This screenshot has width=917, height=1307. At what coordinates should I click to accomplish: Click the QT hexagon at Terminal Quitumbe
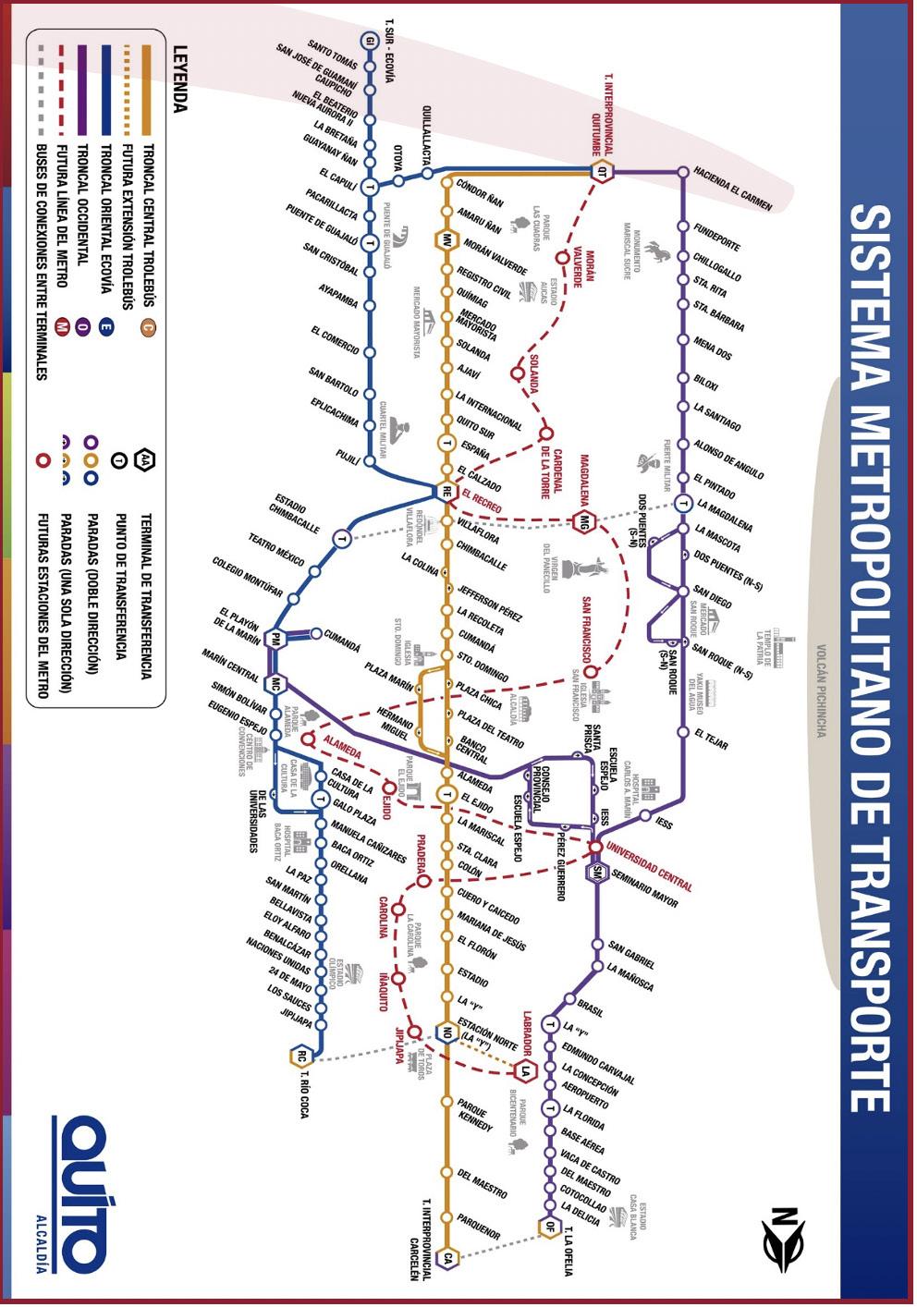pos(602,172)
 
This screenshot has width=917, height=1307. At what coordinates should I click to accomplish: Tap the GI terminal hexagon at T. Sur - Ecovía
pos(369,41)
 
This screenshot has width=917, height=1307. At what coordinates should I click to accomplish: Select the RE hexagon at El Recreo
pos(446,491)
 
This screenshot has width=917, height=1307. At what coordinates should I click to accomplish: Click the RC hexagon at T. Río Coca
pos(301,1056)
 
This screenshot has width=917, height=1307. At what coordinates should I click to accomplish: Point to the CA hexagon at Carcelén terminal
pos(447,1258)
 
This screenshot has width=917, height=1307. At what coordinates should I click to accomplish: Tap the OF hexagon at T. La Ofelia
pos(549,1227)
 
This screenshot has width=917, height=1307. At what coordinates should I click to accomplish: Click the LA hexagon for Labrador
pos(525,1071)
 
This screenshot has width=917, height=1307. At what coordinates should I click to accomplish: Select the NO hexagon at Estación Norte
pos(446,1032)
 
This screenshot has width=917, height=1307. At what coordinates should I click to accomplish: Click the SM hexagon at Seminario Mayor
pos(598,871)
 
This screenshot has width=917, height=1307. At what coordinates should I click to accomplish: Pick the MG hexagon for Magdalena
pos(584,523)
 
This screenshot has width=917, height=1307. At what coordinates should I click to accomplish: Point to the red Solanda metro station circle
pos(518,373)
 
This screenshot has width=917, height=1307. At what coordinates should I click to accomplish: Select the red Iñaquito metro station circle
pos(398,977)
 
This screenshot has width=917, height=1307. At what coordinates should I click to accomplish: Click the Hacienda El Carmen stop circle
pos(683,172)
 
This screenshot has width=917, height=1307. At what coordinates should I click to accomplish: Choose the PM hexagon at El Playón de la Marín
pos(275,639)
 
